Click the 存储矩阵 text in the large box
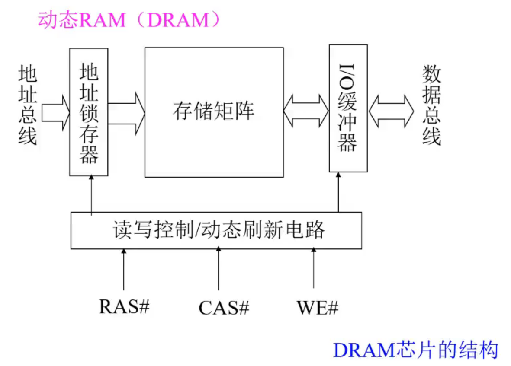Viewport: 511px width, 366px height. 214,111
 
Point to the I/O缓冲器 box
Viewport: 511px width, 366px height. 348,108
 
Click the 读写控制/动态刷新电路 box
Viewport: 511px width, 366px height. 216,230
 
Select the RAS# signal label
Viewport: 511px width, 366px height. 124,306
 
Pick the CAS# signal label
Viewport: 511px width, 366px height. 224,308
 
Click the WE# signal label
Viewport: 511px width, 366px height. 317,308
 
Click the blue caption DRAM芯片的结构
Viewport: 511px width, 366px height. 415,350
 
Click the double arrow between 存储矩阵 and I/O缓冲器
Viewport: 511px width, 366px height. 306,111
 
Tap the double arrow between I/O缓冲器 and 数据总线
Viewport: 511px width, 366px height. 391,111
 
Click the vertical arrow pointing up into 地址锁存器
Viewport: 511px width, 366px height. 92,194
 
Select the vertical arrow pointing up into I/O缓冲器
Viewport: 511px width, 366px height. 338,192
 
